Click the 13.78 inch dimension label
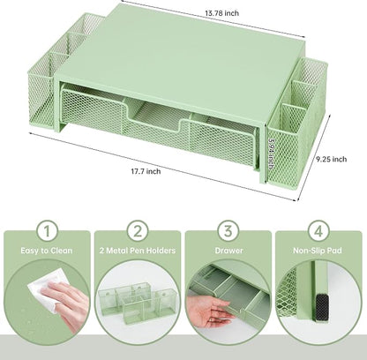(x=221, y=13)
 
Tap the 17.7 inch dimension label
(x=146, y=171)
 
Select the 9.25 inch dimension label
(x=332, y=159)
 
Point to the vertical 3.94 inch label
(x=271, y=154)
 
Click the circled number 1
(x=47, y=231)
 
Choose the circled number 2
(x=138, y=231)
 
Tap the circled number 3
(x=228, y=231)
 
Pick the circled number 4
(x=318, y=231)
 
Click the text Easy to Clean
(x=47, y=251)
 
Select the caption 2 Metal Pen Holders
(x=138, y=251)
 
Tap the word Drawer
(x=228, y=251)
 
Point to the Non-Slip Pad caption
(x=318, y=251)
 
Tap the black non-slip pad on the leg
(x=322, y=307)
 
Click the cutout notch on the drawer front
(x=155, y=117)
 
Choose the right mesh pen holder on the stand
(x=297, y=121)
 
